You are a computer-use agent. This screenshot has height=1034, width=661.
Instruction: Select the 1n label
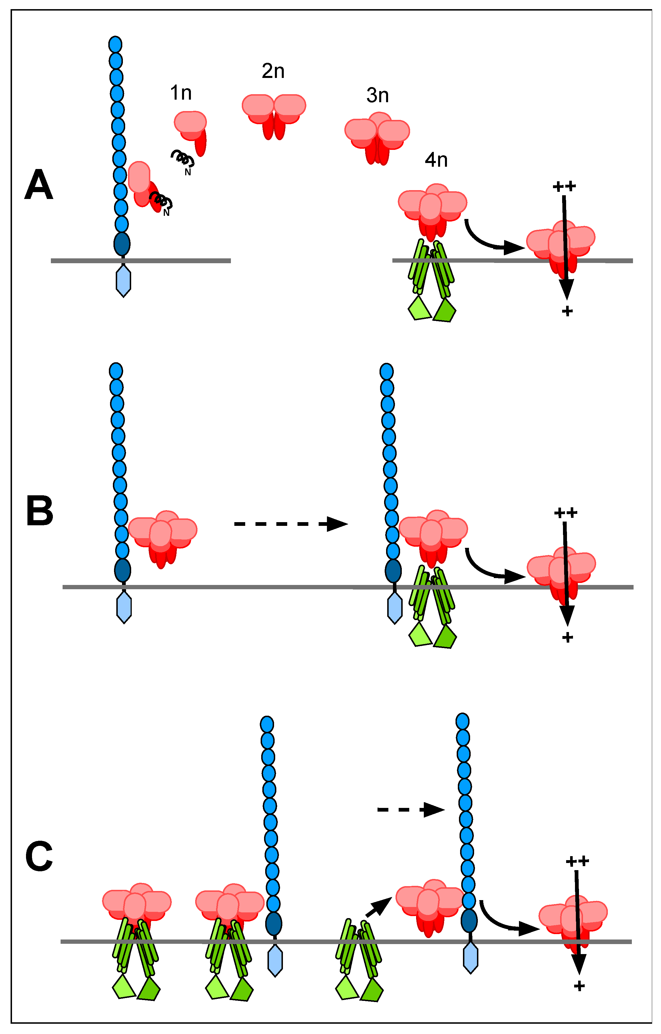(x=181, y=93)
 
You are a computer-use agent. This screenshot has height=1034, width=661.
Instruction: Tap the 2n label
(x=273, y=71)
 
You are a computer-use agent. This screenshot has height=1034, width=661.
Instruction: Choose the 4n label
(x=436, y=160)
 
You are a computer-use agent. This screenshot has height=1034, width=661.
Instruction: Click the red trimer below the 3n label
(x=377, y=137)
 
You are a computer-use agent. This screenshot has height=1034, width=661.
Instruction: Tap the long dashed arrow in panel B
(x=290, y=524)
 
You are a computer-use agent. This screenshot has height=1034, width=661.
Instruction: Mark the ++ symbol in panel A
(x=564, y=186)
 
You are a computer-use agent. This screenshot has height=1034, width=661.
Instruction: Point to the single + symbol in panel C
(x=579, y=986)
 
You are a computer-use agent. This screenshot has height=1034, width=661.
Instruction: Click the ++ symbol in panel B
(x=565, y=513)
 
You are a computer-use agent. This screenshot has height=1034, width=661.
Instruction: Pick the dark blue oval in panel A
(x=122, y=244)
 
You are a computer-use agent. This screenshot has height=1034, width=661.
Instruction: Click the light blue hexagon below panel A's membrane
(x=123, y=281)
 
